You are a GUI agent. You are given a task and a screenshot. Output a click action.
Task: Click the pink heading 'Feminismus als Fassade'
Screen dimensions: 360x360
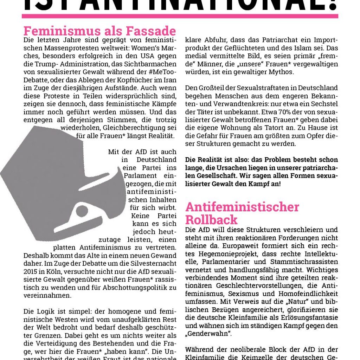[99, 31]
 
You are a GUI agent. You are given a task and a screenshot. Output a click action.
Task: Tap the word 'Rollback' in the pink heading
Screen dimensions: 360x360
[211, 220]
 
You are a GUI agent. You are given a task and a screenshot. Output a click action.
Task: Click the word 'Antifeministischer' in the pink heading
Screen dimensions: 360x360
[242, 207]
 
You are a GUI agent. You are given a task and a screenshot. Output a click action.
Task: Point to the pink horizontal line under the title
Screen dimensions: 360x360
[180, 16]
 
